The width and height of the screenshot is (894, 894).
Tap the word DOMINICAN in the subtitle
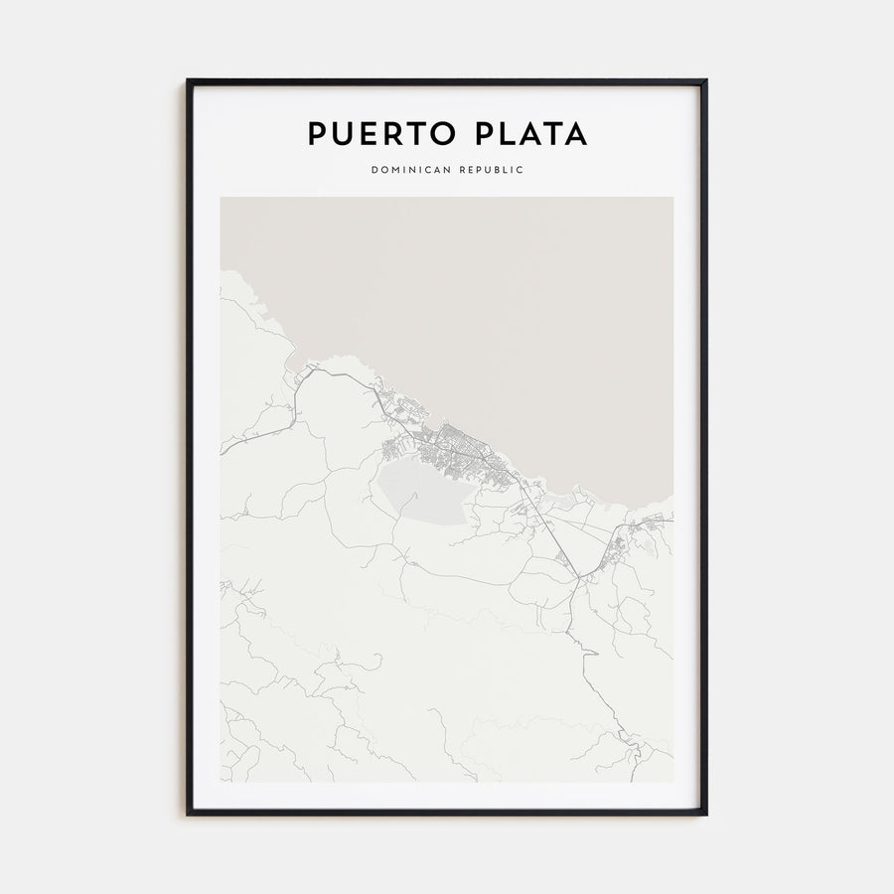[410, 170]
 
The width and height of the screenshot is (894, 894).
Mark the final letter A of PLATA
[575, 134]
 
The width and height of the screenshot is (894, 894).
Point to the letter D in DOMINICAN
[374, 170]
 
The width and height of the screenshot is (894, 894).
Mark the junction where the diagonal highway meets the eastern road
[577, 576]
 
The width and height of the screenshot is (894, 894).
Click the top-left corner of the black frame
[188, 80]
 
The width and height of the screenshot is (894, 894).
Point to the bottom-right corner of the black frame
[705, 814]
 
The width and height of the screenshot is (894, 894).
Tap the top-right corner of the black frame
[705, 80]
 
